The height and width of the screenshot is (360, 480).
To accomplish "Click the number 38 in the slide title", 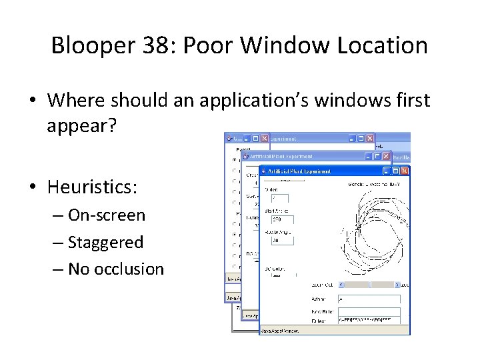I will coord(165,46).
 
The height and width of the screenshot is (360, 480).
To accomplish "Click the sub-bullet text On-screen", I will coord(106,215).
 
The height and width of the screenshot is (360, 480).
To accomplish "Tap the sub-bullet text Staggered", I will coord(105,242).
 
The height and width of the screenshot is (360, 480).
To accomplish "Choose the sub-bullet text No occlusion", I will coord(115,269).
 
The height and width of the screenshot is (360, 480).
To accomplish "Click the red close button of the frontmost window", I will coord(404,171).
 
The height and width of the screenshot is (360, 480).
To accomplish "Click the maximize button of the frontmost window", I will coord(394,171).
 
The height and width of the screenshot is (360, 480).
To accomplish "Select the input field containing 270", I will coord(282,219).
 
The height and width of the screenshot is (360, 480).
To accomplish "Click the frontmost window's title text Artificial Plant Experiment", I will coord(300,171).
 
